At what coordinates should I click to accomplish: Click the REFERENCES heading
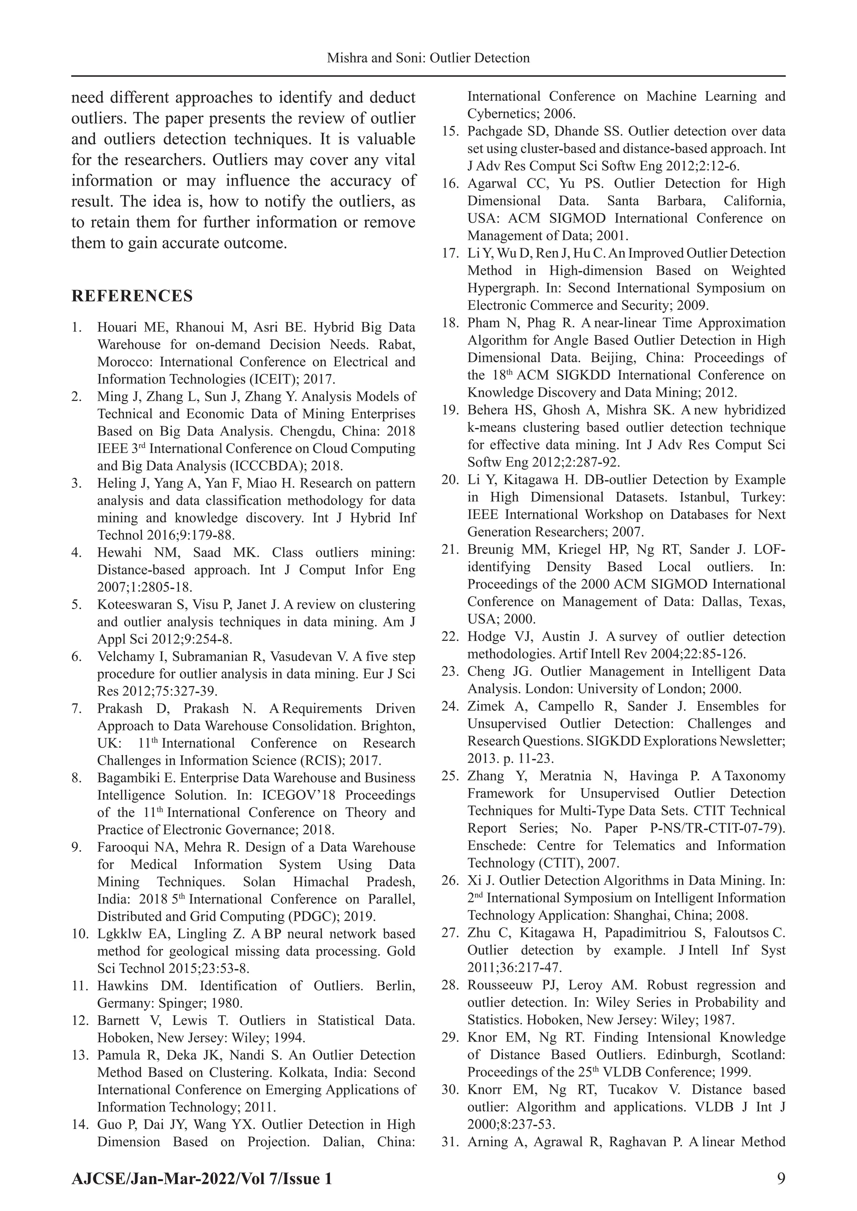tap(132, 296)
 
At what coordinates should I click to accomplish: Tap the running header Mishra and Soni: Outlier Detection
tap(428, 58)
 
